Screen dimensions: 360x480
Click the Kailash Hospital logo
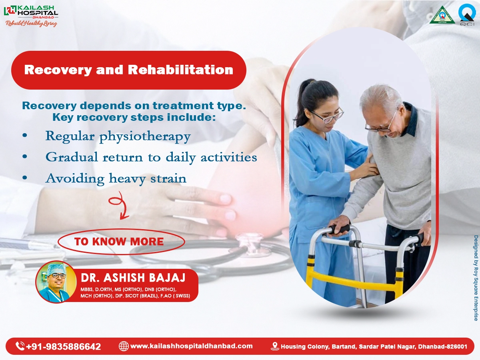[30, 15]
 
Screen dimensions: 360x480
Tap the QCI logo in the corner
[467, 15]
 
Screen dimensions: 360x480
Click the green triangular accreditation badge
[442, 16]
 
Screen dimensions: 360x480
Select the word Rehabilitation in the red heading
[180, 70]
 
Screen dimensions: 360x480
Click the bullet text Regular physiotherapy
[118, 136]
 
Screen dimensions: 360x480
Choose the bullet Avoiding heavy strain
[116, 178]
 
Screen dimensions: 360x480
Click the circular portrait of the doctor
[56, 282]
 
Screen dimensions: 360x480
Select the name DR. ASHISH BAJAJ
[131, 278]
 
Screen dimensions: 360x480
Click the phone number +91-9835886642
[63, 346]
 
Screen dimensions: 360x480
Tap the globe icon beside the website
[124, 346]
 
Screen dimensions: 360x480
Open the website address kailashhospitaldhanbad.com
[191, 346]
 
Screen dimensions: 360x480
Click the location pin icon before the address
[275, 346]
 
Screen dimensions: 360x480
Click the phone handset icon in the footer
[20, 346]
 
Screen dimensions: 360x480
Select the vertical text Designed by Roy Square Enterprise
[476, 278]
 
